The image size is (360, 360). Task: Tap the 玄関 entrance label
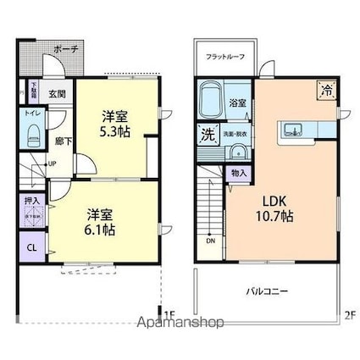[57, 94]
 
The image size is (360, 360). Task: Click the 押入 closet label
[30, 205]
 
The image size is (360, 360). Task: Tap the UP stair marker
[53, 163]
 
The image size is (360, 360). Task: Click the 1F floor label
[169, 314]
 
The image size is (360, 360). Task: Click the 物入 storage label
[239, 173]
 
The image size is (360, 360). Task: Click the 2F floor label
[349, 314]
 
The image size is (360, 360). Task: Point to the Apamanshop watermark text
[180, 323]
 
